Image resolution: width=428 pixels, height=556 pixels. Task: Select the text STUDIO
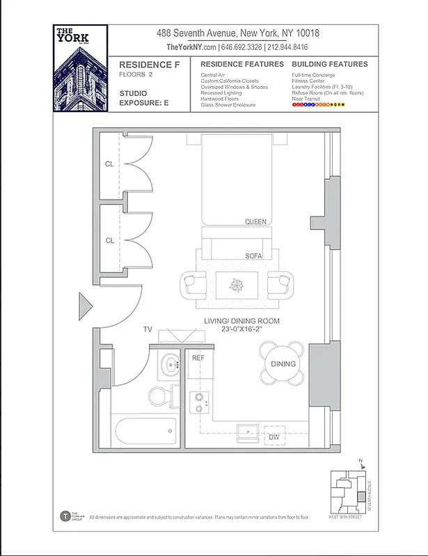[x=134, y=93]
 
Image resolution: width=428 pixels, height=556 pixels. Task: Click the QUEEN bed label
[x=255, y=222]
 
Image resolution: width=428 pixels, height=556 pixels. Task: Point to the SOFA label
[x=254, y=256]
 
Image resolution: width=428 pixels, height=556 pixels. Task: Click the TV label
[x=148, y=329]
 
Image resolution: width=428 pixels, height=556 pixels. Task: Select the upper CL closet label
[x=109, y=165]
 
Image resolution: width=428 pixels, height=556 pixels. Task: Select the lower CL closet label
[x=109, y=240]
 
